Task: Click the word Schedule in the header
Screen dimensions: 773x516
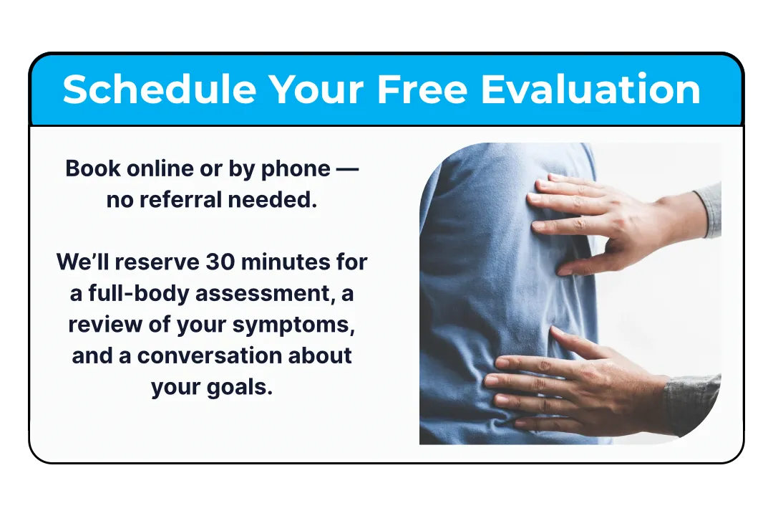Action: coord(159,89)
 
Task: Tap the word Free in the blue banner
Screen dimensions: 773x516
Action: coord(422,89)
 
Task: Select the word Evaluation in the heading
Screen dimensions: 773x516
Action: coord(590,89)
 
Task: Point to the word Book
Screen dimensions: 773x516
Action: coord(92,168)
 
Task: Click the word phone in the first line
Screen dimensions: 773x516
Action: coord(296,169)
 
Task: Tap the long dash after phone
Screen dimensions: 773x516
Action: coord(347,169)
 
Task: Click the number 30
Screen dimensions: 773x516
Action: coord(220,262)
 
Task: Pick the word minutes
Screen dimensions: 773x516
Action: coord(286,262)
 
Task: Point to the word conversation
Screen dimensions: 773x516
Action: coord(210,356)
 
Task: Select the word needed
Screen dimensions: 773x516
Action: coord(272,200)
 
